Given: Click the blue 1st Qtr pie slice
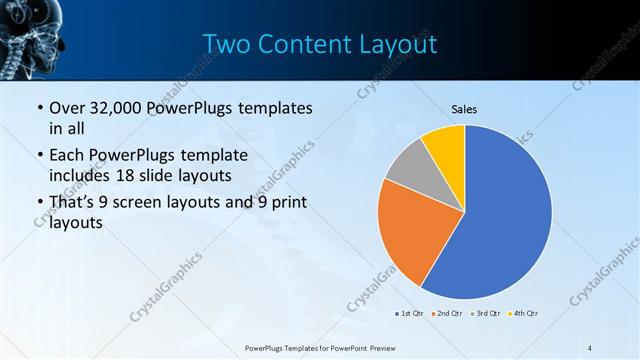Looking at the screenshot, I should point(505,215).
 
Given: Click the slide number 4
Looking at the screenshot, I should point(590,347).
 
